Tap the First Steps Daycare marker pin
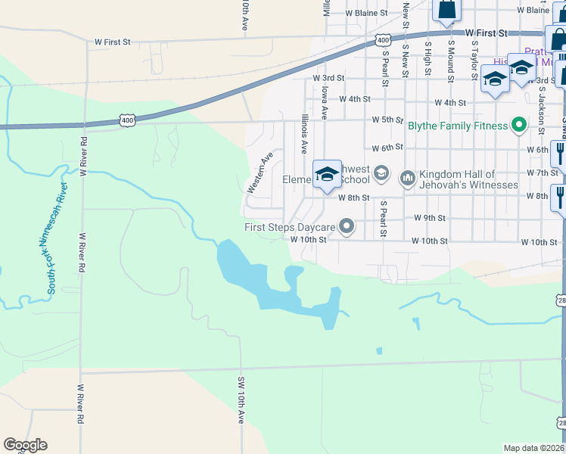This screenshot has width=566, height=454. [347, 226]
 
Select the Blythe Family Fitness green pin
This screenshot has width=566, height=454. [519, 125]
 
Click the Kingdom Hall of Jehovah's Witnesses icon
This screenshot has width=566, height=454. [408, 179]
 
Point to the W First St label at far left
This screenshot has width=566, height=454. [113, 42]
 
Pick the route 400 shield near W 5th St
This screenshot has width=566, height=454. [127, 120]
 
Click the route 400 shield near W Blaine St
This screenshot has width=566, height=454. [383, 39]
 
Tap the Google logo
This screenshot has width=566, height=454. [25, 445]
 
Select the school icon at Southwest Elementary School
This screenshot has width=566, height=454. [327, 175]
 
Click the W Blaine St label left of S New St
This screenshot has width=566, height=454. [366, 13]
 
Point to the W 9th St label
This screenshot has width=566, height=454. [429, 218]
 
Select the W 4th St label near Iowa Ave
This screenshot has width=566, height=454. [355, 99]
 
